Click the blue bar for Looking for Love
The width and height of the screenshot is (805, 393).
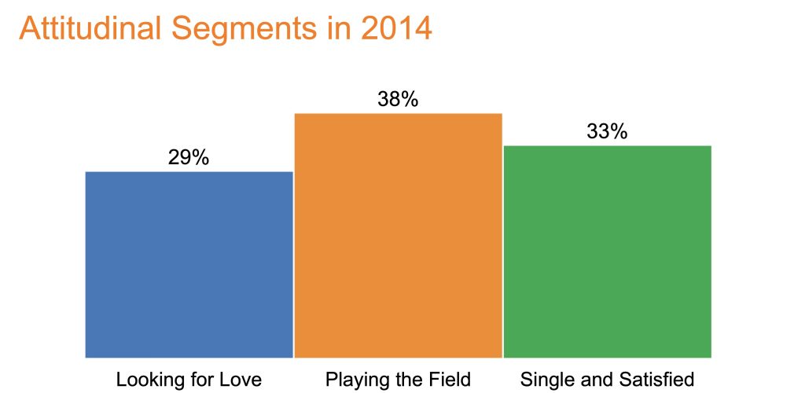[x=189, y=265]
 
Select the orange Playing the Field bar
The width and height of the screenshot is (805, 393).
[x=398, y=236]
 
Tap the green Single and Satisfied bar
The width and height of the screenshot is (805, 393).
[x=608, y=252]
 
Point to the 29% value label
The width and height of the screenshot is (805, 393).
[x=189, y=158]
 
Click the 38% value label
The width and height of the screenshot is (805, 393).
[x=398, y=100]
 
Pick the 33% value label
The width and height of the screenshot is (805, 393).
[x=608, y=132]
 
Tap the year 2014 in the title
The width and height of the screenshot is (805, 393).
[x=396, y=29]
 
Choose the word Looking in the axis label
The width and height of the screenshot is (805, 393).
[x=143, y=380]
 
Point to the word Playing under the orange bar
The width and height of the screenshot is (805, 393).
[x=352, y=380]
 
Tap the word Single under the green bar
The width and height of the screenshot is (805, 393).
[x=542, y=380]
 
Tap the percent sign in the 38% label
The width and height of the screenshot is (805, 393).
[x=410, y=100]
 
